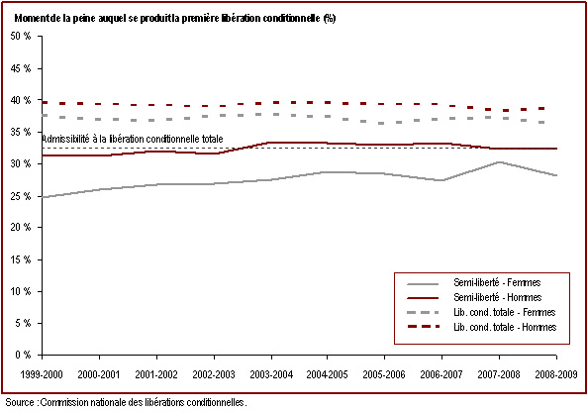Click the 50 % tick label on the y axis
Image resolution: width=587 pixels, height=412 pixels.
tap(21, 37)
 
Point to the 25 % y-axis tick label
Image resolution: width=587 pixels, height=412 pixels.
tap(21, 196)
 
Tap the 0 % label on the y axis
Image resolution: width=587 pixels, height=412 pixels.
tap(23, 355)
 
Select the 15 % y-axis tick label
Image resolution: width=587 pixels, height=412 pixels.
tap(21, 259)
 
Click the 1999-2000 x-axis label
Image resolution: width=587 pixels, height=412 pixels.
tap(42, 374)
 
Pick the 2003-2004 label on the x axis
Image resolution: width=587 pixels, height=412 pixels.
tap(271, 374)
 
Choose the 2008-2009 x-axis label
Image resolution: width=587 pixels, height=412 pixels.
tap(556, 374)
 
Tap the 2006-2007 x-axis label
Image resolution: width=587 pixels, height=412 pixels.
tap(441, 374)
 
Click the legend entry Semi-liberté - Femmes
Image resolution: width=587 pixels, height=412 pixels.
tap(497, 283)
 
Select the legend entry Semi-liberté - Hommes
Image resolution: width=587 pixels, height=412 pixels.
tap(498, 298)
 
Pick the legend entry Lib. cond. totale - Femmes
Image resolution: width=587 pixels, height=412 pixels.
tap(504, 312)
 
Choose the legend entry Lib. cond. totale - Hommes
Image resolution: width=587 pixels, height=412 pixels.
tap(505, 328)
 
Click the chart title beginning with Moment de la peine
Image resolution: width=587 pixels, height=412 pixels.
tap(175, 19)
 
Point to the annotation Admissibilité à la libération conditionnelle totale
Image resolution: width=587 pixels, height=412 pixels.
tap(133, 140)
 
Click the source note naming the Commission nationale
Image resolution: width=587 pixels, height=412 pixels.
tap(126, 403)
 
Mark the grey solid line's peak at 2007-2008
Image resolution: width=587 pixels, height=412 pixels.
tap(499, 161)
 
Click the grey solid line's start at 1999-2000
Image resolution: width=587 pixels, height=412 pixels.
tap(43, 197)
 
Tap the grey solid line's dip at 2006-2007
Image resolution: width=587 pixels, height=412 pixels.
tap(441, 180)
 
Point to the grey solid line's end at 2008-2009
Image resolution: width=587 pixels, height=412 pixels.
tap(556, 175)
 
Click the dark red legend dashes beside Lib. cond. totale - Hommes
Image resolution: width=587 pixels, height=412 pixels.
tap(423, 327)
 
